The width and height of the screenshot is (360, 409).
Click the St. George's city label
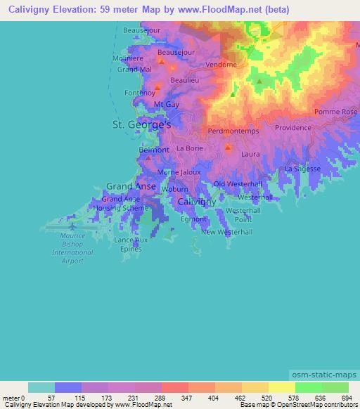[142, 124]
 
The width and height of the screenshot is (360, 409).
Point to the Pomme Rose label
[335, 112]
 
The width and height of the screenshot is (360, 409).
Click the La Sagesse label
[303, 169]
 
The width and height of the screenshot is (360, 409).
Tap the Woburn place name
[174, 189]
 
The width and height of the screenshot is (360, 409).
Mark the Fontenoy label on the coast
[139, 92]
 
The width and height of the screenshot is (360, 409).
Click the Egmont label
[193, 219]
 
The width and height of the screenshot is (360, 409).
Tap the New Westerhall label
[226, 232]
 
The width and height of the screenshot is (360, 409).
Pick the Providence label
[292, 128]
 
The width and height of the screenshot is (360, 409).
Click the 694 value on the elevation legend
[347, 398]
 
